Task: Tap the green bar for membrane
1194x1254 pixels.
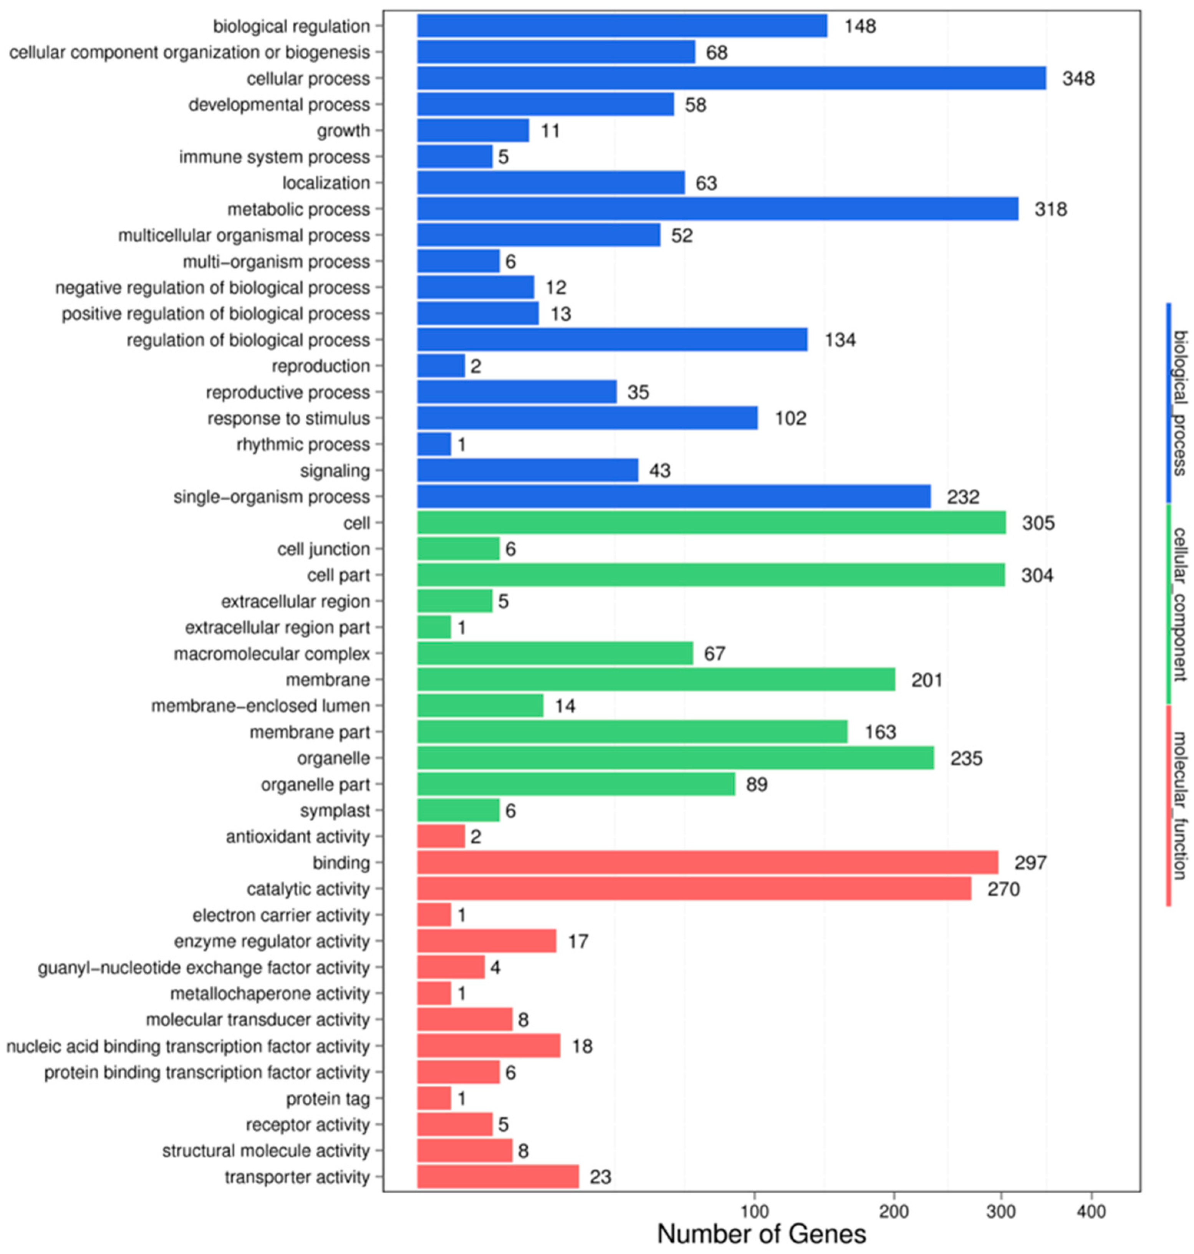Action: click(x=656, y=680)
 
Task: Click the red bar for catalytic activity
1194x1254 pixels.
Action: click(x=694, y=889)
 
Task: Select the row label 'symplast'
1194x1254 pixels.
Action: click(x=335, y=811)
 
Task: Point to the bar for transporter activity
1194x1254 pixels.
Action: click(x=498, y=1177)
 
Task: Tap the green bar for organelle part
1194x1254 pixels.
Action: click(x=576, y=784)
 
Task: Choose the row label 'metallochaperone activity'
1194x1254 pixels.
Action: click(x=270, y=994)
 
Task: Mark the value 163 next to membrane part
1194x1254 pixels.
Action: click(x=880, y=732)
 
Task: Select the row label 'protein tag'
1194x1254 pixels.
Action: click(x=328, y=1099)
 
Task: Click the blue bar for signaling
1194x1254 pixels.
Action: click(x=528, y=470)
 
